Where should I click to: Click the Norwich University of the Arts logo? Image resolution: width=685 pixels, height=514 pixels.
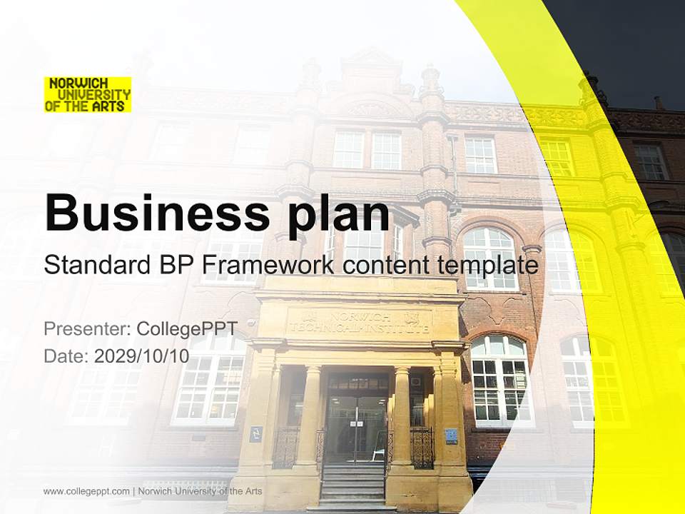click(88, 94)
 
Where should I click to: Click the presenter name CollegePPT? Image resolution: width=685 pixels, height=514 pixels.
click(186, 328)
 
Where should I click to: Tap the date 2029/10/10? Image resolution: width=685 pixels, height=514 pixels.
click(141, 356)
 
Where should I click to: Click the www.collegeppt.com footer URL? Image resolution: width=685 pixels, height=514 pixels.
click(86, 491)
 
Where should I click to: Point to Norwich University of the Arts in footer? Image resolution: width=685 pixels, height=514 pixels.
click(201, 491)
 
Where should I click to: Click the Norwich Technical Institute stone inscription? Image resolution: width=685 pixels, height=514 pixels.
click(359, 323)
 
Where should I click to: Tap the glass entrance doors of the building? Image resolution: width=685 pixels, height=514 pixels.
click(355, 428)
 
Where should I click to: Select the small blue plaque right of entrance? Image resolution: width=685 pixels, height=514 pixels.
click(451, 435)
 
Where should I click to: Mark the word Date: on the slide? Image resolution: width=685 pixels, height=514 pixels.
click(66, 356)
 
